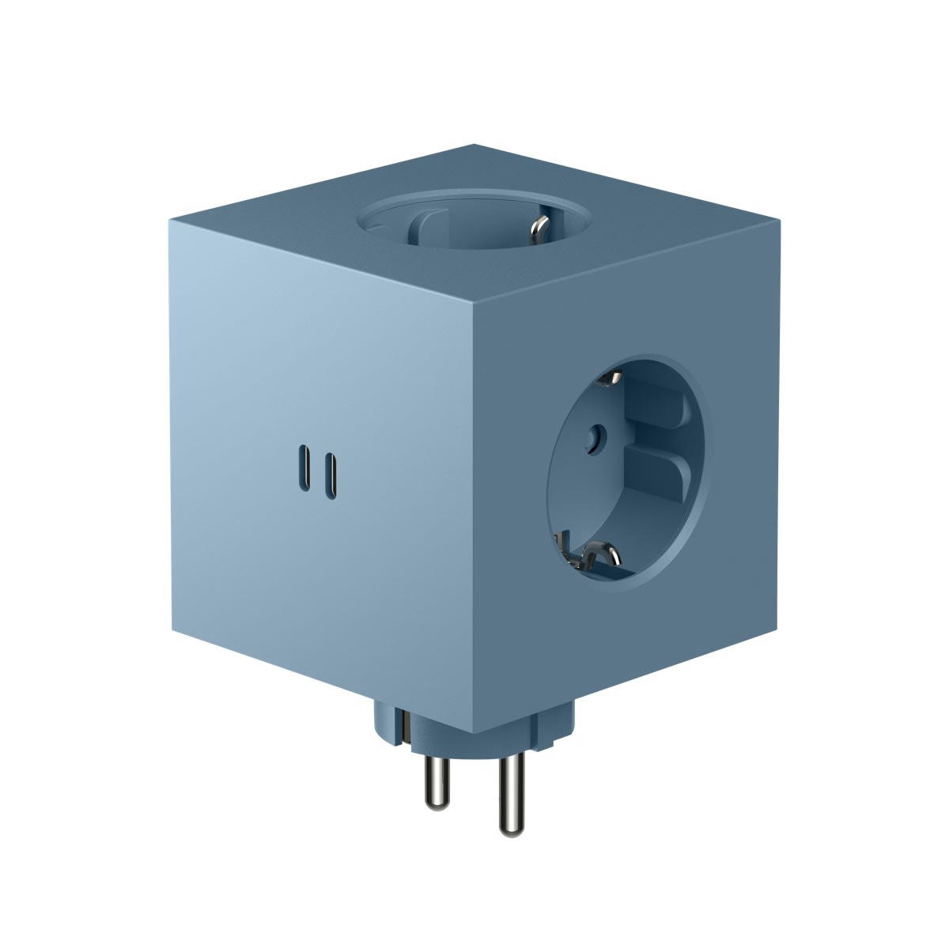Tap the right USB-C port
(x=336, y=470)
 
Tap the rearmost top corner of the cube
(x=473, y=145)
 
